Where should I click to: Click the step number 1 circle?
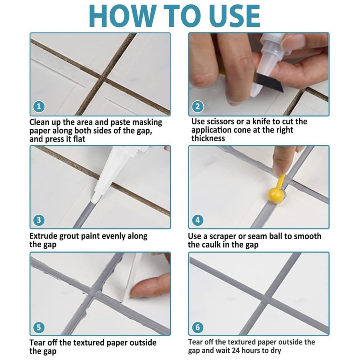(39, 106)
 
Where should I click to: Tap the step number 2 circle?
(198, 106)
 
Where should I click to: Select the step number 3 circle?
(39, 220)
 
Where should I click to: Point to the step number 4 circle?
(198, 220)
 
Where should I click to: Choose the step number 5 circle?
(39, 327)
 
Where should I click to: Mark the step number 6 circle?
(198, 327)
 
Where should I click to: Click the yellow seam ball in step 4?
(276, 195)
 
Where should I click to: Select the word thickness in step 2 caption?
(208, 138)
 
